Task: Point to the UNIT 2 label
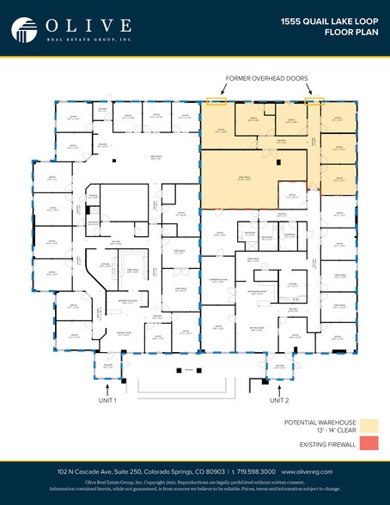[280, 400]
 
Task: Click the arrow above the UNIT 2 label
[280, 386]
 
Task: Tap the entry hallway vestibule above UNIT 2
[280, 368]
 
